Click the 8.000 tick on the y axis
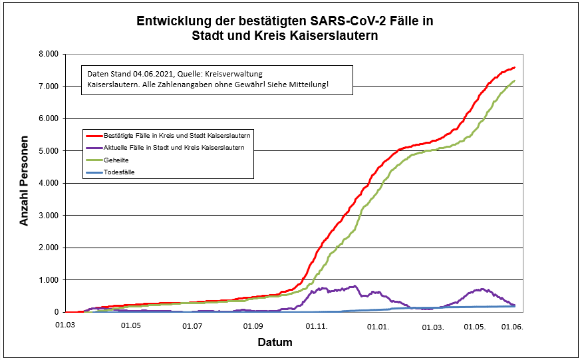point(49,54)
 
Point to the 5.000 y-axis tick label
point(49,151)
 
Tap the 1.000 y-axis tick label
point(49,280)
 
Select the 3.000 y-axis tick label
point(49,216)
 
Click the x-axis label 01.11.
point(316,326)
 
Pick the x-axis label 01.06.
point(513,326)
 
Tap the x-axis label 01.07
point(192,326)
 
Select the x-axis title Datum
point(275,343)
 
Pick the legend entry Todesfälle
point(120,172)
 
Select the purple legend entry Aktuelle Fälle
point(174,147)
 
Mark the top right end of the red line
point(515,67)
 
